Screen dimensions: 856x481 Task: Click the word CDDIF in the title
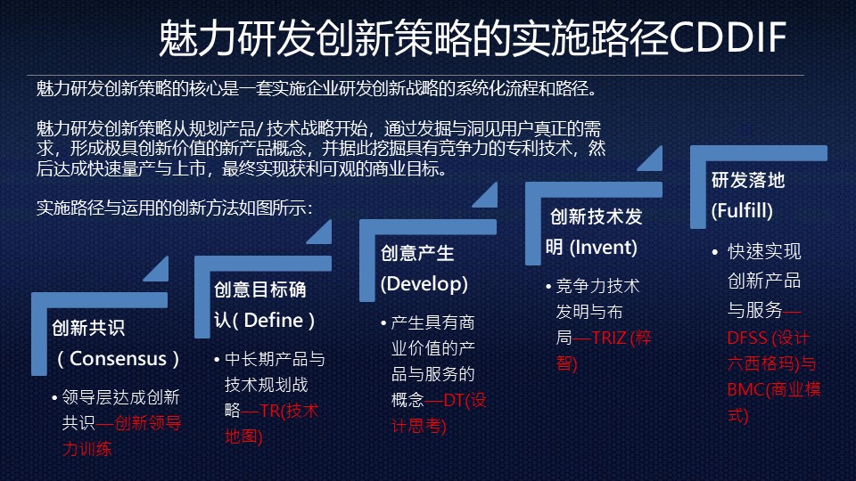pyautogui.click(x=728, y=37)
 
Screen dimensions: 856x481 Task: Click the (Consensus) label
pyautogui.click(x=119, y=358)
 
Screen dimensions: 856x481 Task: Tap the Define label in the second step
pyautogui.click(x=273, y=320)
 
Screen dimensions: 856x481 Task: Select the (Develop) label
pyautogui.click(x=424, y=283)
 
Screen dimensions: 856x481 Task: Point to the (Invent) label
pyautogui.click(x=604, y=248)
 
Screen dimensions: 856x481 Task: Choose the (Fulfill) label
pyautogui.click(x=742, y=210)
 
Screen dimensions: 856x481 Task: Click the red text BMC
pyautogui.click(x=745, y=389)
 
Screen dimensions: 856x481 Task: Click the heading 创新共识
pyautogui.click(x=88, y=328)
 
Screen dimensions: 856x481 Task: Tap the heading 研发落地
pyautogui.click(x=748, y=180)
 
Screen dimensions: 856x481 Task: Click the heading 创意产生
pyautogui.click(x=417, y=253)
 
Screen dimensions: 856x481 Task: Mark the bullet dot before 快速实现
pyautogui.click(x=715, y=252)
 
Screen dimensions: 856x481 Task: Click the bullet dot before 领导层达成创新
pyautogui.click(x=54, y=398)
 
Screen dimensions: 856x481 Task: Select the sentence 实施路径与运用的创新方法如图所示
pyautogui.click(x=174, y=208)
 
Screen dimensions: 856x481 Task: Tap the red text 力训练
pyautogui.click(x=86, y=449)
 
